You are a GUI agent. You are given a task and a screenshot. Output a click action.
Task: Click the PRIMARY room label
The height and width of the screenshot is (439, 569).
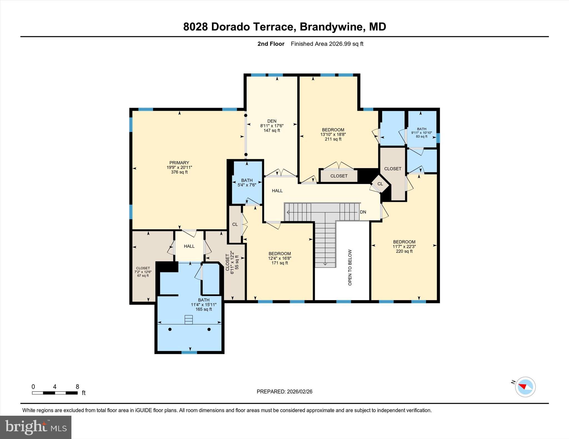coord(179,163)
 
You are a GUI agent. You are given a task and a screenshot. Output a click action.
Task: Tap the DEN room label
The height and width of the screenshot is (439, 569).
coord(272,121)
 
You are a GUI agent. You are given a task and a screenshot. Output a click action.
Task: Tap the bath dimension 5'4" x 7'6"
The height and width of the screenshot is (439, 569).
coord(247,185)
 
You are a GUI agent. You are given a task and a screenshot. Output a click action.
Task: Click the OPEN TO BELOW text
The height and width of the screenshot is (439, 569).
coord(350,267)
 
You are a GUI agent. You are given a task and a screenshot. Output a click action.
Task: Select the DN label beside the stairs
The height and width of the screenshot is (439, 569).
coord(363,212)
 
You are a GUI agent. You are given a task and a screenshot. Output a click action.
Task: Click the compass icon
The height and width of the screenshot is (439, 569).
coord(525,387)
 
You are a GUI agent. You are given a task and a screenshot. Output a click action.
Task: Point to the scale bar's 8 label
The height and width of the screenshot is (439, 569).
coord(77,387)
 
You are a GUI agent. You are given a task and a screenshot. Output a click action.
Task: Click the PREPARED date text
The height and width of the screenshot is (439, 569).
coord(284,392)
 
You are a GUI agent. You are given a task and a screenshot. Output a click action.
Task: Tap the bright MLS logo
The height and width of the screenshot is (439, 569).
coord(36,427)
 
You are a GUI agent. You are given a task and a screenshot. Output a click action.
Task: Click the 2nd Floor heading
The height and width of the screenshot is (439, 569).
coord(271,44)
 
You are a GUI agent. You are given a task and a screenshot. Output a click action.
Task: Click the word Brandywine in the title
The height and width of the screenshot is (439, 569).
coord(331,27)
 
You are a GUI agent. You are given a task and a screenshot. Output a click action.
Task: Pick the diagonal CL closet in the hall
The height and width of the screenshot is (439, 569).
coord(380,184)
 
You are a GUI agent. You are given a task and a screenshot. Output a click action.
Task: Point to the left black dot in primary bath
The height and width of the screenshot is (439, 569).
coord(170,329)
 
